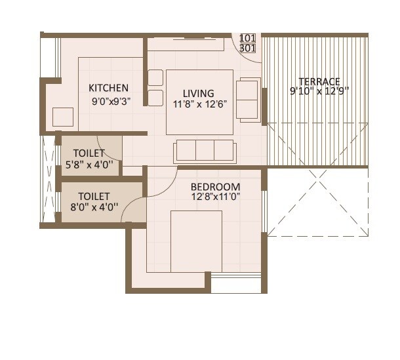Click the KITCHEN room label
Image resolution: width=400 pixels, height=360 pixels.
[x=108, y=88]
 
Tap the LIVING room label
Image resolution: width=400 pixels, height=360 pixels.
[x=198, y=93]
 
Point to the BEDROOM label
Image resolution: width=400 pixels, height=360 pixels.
[x=215, y=187]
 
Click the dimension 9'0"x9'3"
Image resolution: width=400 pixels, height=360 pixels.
[x=111, y=102]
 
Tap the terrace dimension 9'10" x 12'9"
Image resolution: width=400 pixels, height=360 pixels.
[x=319, y=92]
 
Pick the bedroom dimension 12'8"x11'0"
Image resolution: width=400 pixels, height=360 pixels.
[x=216, y=197]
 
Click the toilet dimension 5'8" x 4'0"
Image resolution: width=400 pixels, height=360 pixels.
[x=89, y=165]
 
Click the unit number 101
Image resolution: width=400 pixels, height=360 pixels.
[x=248, y=38]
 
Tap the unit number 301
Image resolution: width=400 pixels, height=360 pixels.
[x=248, y=48]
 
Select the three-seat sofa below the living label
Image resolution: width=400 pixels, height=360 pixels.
[x=204, y=151]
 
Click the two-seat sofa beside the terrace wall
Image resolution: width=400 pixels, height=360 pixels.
[x=248, y=100]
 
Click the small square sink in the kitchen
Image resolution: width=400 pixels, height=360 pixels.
[x=64, y=116]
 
